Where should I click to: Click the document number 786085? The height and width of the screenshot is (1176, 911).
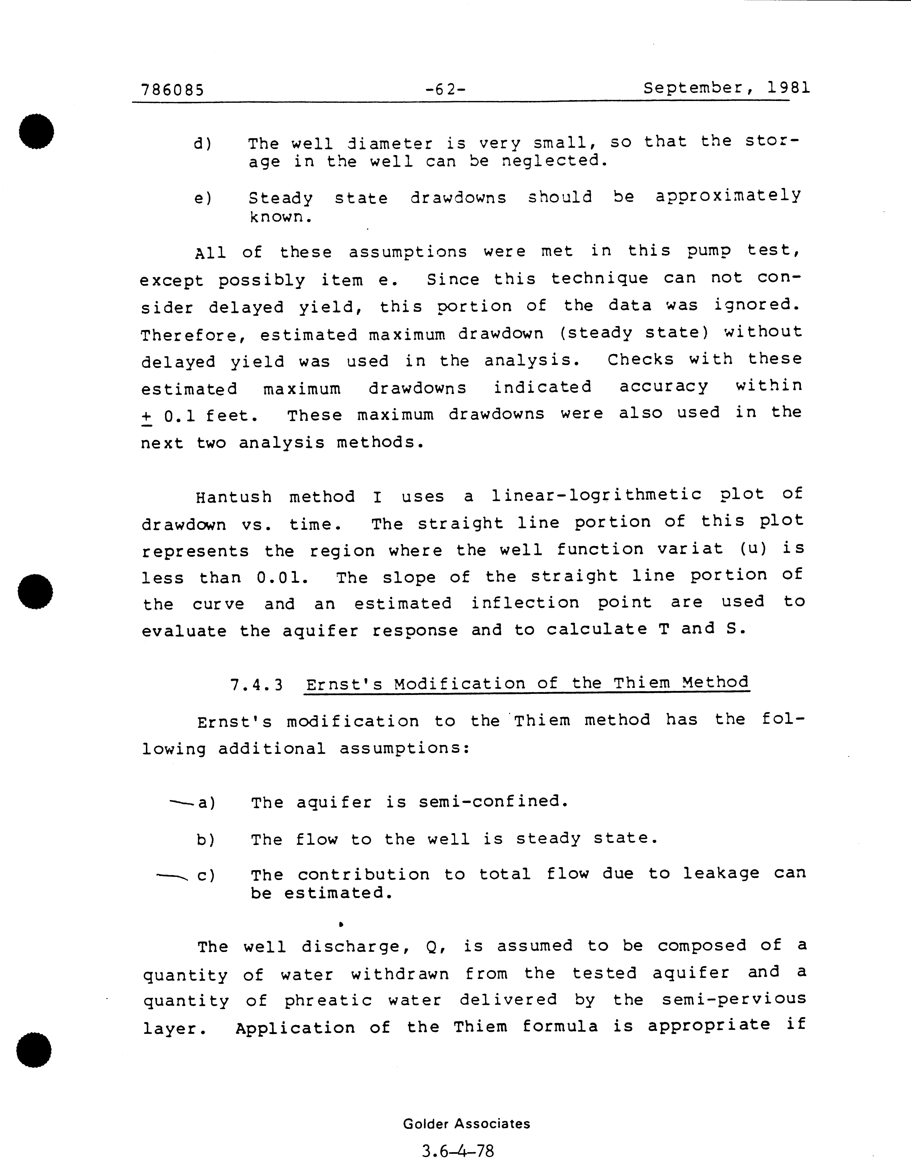click(172, 89)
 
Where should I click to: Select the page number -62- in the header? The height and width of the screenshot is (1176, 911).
click(445, 89)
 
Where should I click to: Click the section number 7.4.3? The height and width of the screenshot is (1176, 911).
click(256, 685)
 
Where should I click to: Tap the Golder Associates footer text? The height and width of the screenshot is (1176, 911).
click(467, 1124)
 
